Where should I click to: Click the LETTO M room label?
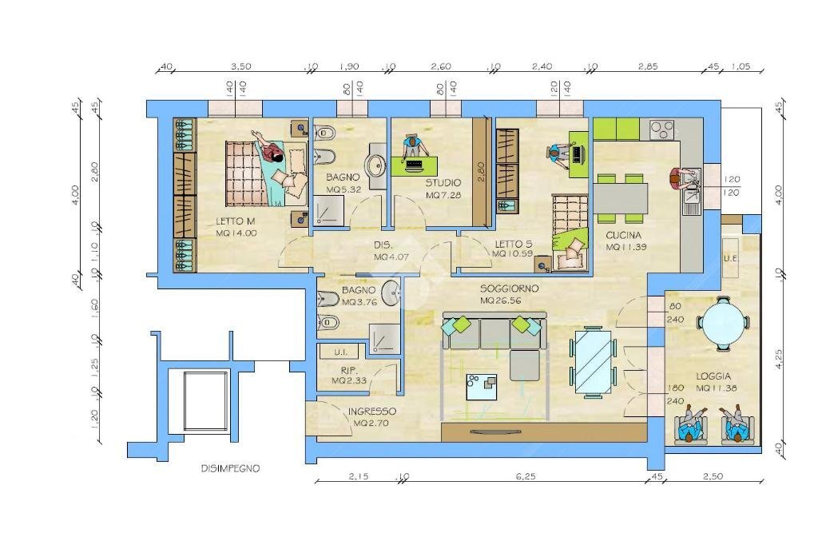235,221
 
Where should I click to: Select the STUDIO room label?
443,183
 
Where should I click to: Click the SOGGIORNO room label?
509,288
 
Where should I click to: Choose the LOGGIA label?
713,376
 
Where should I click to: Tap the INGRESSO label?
371,411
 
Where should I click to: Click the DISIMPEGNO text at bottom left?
230,469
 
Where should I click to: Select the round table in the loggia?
722,324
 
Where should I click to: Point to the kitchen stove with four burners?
661,128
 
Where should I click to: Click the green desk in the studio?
415,165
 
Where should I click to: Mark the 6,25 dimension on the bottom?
525,477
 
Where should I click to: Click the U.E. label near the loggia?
729,259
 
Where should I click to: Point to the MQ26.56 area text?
502,301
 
